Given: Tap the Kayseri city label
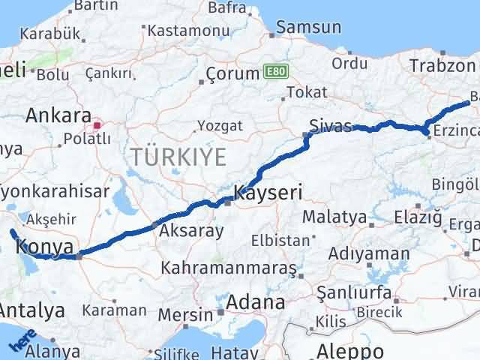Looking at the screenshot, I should pos(268,193).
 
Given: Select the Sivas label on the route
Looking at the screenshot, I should pos(331,126).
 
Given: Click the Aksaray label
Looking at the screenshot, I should pos(190,230).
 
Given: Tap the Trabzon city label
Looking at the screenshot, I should pos(442,65).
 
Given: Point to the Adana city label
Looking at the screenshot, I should pos(257,303).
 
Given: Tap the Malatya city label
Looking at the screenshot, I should pos(334,217).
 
